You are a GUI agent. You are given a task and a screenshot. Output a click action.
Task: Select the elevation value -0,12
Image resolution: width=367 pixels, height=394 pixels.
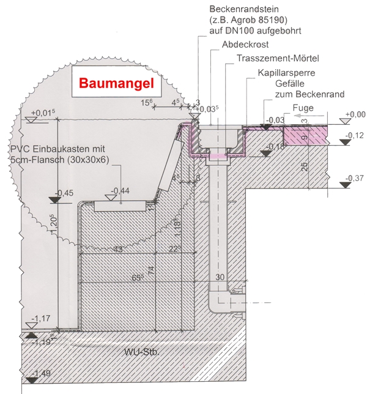[355, 135]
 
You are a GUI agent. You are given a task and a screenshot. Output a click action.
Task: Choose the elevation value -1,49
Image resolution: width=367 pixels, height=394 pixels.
[42, 373]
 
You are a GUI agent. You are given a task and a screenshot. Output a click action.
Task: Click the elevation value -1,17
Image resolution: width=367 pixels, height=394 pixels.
[42, 319]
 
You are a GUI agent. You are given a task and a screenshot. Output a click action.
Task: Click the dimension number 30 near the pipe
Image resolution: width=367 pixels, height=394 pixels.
[221, 277]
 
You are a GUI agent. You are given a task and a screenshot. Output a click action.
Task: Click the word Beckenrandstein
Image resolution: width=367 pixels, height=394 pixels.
[245, 10]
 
